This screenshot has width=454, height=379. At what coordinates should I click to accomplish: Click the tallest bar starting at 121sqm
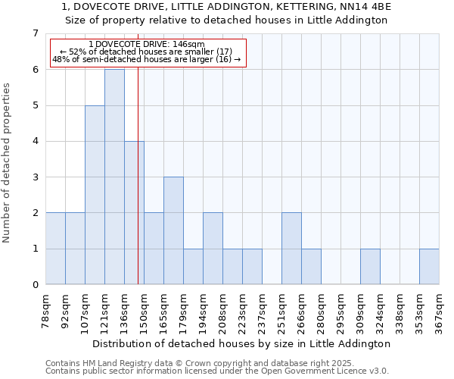[114, 177]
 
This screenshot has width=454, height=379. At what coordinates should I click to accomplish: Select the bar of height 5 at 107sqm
[95, 195]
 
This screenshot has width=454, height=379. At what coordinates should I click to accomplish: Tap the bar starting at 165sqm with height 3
[173, 230]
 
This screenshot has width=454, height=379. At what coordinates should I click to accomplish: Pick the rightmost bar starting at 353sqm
[429, 267]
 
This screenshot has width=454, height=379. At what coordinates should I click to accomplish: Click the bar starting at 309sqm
[370, 267]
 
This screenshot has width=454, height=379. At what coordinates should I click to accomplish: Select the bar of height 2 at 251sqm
[291, 249]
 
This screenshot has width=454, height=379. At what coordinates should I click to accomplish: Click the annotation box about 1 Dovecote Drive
[148, 52]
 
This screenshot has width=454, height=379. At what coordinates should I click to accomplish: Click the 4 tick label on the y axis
[35, 141]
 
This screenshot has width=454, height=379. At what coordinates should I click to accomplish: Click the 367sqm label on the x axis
[439, 312]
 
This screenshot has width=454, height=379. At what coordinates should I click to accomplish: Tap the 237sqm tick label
[262, 312]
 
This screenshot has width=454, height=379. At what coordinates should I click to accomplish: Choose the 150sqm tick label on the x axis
[144, 312]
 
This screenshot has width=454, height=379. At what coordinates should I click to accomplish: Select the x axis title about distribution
[242, 343]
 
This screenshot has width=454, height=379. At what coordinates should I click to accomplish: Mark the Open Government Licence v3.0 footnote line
[216, 371]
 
